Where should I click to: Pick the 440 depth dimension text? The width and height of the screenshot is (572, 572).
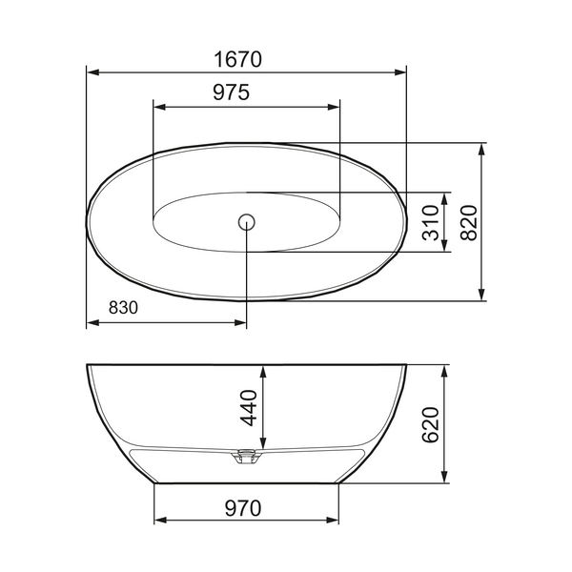click(x=249, y=407)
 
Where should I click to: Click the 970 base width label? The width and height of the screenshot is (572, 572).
click(x=243, y=508)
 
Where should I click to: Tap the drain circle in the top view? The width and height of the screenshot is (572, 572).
click(x=247, y=222)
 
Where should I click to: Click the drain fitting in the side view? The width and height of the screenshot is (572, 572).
click(x=247, y=457)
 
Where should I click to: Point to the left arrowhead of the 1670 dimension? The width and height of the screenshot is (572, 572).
click(x=92, y=71)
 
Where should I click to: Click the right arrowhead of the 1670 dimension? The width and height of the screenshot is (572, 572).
click(x=400, y=71)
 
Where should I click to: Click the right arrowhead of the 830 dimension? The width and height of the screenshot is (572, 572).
click(x=241, y=322)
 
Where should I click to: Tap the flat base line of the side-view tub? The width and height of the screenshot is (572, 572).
click(x=247, y=481)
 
